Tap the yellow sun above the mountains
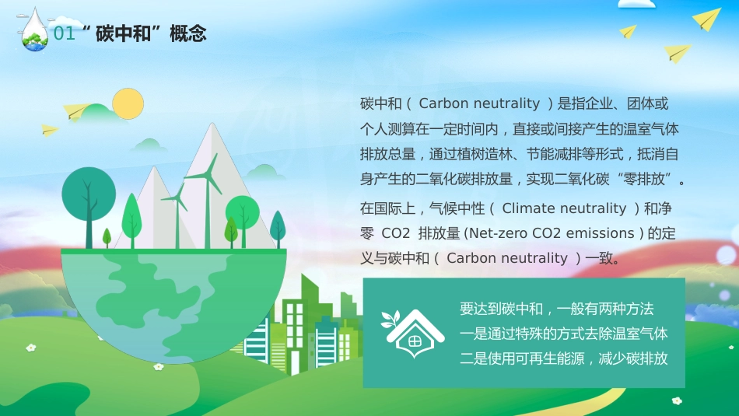coord(128,104)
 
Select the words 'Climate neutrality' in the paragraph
coord(564,208)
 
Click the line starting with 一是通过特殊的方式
coord(564,334)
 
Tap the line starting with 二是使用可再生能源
coord(564,359)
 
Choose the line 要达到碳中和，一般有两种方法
coord(556,309)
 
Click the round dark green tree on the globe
coord(88,190)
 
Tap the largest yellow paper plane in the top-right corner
coord(707,19)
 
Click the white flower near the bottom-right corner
coord(677,401)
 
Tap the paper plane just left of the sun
coord(78,111)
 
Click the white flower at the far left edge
coord(31,348)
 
